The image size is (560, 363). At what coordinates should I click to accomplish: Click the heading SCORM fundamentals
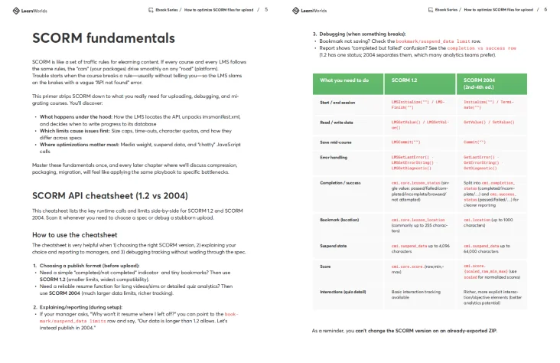coord(103,38)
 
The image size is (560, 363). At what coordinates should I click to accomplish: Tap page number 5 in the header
coord(266,9)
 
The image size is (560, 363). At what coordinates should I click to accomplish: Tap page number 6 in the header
coord(545,9)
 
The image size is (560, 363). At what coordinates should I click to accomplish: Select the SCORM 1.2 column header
coord(405,80)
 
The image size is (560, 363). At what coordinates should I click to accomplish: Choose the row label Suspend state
coord(334,246)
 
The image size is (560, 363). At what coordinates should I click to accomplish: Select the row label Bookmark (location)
coord(339,220)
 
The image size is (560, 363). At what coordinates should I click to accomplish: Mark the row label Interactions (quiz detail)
coord(343,292)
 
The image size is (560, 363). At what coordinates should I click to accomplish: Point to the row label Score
coord(325,267)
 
